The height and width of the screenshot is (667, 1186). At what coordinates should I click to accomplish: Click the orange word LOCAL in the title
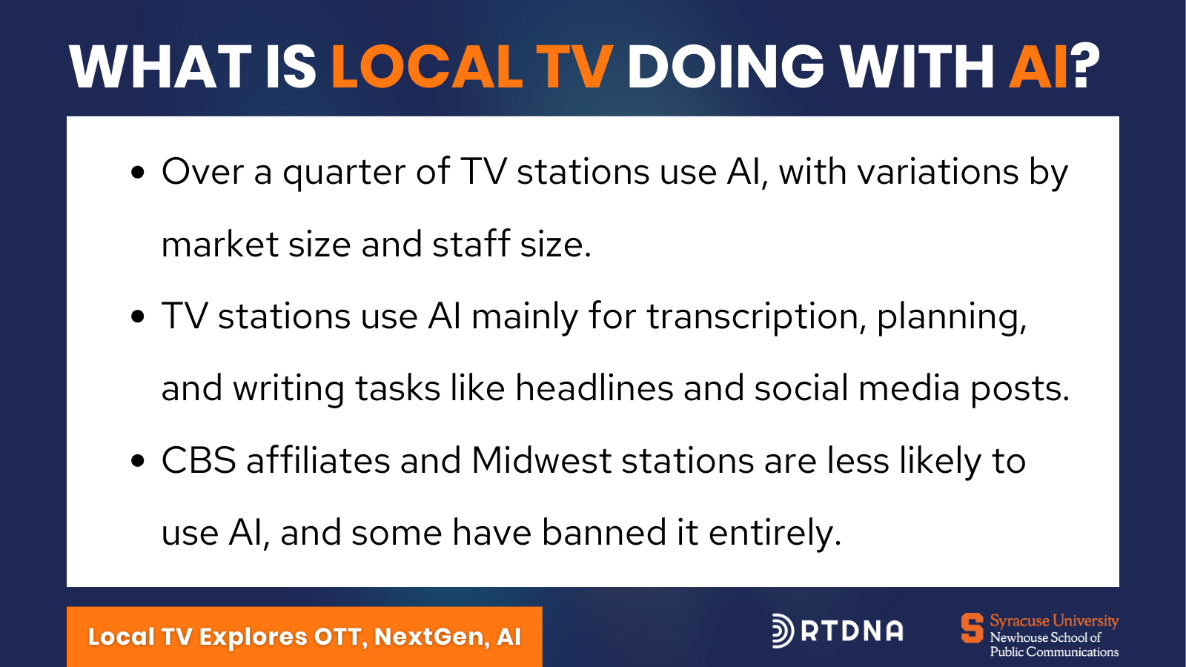pyautogui.click(x=427, y=67)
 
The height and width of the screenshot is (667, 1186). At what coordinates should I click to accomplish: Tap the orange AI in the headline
pyautogui.click(x=1038, y=67)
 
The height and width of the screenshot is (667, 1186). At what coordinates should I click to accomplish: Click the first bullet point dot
pyautogui.click(x=138, y=172)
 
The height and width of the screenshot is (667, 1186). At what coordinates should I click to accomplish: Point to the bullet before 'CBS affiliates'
pyautogui.click(x=138, y=460)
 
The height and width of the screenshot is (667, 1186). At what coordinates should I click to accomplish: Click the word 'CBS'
pyautogui.click(x=199, y=460)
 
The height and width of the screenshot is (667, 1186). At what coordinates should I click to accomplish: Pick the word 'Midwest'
pyautogui.click(x=542, y=460)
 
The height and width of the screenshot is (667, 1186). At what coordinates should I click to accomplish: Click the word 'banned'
pyautogui.click(x=603, y=532)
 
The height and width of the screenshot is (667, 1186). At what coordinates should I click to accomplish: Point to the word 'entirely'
pyautogui.click(x=775, y=534)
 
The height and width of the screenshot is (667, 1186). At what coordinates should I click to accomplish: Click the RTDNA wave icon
pyautogui.click(x=783, y=631)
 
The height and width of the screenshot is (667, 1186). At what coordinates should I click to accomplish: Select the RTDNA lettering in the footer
pyautogui.click(x=852, y=631)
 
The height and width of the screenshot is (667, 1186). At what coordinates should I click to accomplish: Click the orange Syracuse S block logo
pyautogui.click(x=972, y=628)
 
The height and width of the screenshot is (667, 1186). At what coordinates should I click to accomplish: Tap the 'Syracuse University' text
pyautogui.click(x=1054, y=620)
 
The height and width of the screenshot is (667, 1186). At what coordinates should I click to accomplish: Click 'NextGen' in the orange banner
pyautogui.click(x=432, y=637)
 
